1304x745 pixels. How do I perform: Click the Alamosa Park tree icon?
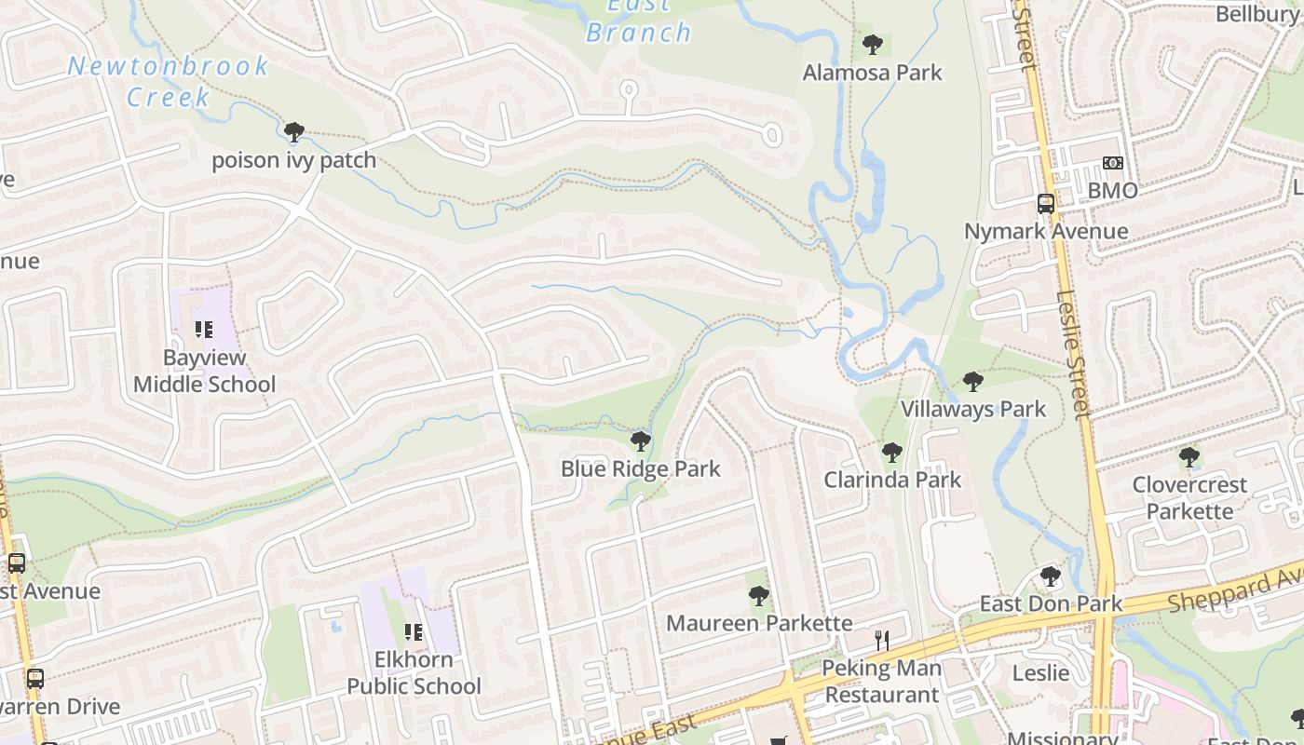pyautogui.click(x=873, y=44)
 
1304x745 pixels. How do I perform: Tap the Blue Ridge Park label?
pyautogui.click(x=640, y=468)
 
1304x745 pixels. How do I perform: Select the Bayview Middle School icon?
pyautogui.click(x=204, y=329)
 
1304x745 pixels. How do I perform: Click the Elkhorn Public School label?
pyautogui.click(x=414, y=672)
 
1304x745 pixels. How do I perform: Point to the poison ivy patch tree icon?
pyautogui.click(x=294, y=132)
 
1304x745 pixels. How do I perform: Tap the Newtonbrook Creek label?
pyautogui.click(x=168, y=81)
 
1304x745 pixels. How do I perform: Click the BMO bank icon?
pyautogui.click(x=1113, y=163)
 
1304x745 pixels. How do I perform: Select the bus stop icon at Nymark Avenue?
pyautogui.click(x=1046, y=203)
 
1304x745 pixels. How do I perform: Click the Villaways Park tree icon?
pyautogui.click(x=973, y=381)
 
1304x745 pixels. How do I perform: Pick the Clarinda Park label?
pyautogui.click(x=892, y=480)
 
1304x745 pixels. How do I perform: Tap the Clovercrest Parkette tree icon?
pyautogui.click(x=1189, y=457)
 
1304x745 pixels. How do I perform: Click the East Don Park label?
pyautogui.click(x=1051, y=603)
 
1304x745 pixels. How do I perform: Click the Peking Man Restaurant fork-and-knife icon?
pyautogui.click(x=882, y=640)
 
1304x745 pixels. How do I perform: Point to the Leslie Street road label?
pyautogui.click(x=1073, y=354)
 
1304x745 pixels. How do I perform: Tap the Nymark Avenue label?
pyautogui.click(x=1046, y=231)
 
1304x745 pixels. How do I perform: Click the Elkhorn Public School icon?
pyautogui.click(x=414, y=633)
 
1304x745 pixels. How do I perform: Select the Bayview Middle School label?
pyautogui.click(x=204, y=371)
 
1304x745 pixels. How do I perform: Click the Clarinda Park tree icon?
pyautogui.click(x=892, y=453)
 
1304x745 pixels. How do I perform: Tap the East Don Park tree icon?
pyautogui.click(x=1051, y=576)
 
